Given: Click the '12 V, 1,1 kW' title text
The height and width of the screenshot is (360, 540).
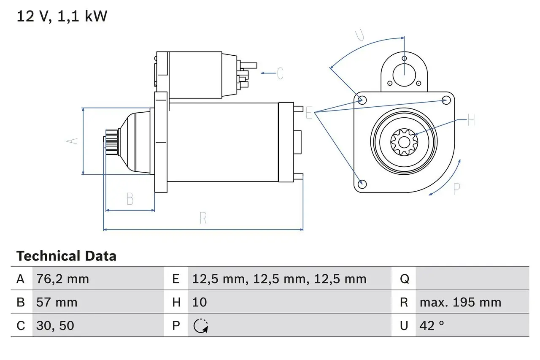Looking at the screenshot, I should (x=62, y=16).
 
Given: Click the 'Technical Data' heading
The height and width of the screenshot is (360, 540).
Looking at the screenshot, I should (x=66, y=256).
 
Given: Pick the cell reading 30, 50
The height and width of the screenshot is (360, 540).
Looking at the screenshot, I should (x=56, y=325).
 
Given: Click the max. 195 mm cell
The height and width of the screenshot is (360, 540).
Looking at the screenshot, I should (x=460, y=302).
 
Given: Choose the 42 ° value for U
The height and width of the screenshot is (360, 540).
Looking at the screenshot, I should (x=432, y=325).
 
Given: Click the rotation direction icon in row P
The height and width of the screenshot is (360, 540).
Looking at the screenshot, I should (x=200, y=325).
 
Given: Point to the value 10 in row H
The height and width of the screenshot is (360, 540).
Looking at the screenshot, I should (x=199, y=302).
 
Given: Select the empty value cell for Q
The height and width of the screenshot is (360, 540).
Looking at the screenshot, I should (x=472, y=279).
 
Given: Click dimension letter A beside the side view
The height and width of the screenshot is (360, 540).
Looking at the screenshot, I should (x=73, y=141).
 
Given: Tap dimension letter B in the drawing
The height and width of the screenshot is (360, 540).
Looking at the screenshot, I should (x=130, y=199).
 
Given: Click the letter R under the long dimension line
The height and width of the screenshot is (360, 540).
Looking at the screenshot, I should (x=203, y=218).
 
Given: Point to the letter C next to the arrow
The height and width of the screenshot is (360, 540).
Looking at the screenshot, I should (x=280, y=73).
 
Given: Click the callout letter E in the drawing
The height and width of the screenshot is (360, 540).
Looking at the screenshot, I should (x=309, y=113).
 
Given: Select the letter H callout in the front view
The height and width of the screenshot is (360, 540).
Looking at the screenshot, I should (x=471, y=121).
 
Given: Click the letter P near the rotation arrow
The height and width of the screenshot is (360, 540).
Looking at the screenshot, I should (x=456, y=189).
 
